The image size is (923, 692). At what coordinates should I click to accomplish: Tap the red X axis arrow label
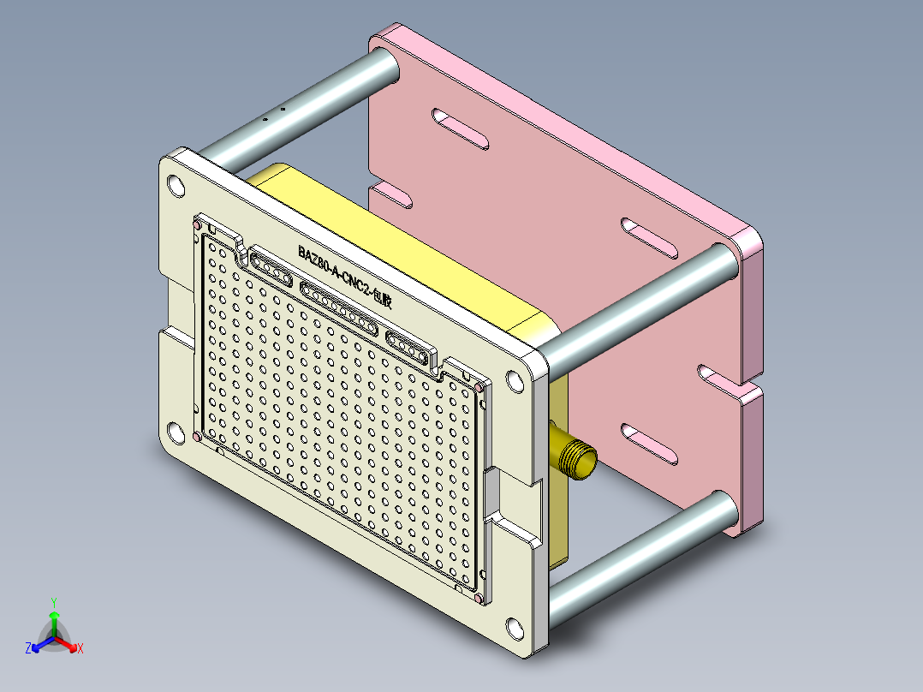[80, 649]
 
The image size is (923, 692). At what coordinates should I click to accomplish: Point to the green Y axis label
[53, 602]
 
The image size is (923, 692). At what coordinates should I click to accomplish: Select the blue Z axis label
[28, 648]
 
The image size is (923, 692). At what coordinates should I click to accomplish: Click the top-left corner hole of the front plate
[176, 185]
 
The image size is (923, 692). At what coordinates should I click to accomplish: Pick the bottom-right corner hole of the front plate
[515, 628]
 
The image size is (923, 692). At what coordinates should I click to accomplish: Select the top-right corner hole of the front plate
[515, 383]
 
